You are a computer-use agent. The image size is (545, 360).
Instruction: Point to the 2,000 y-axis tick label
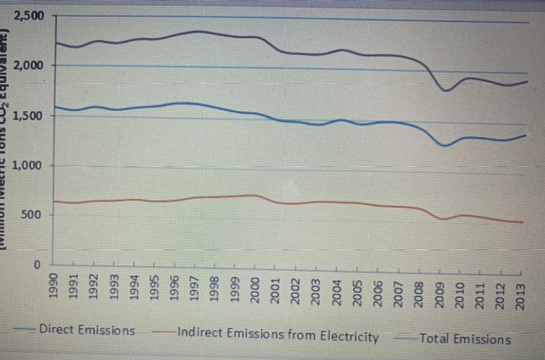point(30,66)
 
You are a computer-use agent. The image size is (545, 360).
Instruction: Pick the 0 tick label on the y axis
point(39,264)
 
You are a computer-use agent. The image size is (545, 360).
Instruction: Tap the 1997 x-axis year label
point(195,289)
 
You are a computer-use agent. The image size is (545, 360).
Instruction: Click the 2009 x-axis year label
point(438,289)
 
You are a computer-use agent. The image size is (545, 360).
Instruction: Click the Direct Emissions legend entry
point(86,330)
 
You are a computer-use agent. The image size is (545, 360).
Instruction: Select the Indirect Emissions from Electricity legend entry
point(277,336)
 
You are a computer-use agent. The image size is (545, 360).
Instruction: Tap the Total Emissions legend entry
point(465,339)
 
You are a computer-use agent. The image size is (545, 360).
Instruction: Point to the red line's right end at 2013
point(522,222)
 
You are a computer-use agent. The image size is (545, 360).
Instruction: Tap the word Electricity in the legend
point(349,337)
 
